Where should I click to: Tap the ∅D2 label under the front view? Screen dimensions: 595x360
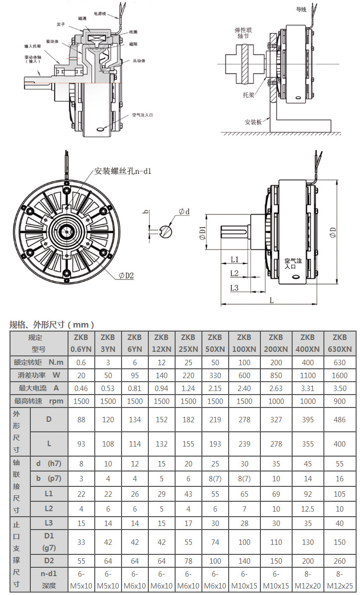[x=126, y=275]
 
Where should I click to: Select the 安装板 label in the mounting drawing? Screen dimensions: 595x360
[x=253, y=122]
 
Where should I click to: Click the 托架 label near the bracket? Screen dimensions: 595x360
[x=248, y=94]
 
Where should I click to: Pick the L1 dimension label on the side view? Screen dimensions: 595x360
[x=235, y=260]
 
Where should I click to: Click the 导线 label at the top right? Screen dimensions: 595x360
[x=301, y=9]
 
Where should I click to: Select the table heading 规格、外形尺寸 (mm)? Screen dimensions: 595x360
[x=52, y=325]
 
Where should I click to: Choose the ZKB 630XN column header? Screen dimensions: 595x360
[x=340, y=343]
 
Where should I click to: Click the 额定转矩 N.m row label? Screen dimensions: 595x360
[x=38, y=362]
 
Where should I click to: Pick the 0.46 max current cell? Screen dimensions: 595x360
[x=81, y=388]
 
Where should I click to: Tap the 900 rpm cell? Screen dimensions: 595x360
[x=340, y=400]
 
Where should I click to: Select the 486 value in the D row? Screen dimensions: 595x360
[x=340, y=419]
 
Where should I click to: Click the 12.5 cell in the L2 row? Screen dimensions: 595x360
[x=307, y=509]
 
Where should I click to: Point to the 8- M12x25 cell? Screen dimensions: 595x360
[x=340, y=580]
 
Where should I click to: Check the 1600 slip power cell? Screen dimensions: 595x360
[x=340, y=375]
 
